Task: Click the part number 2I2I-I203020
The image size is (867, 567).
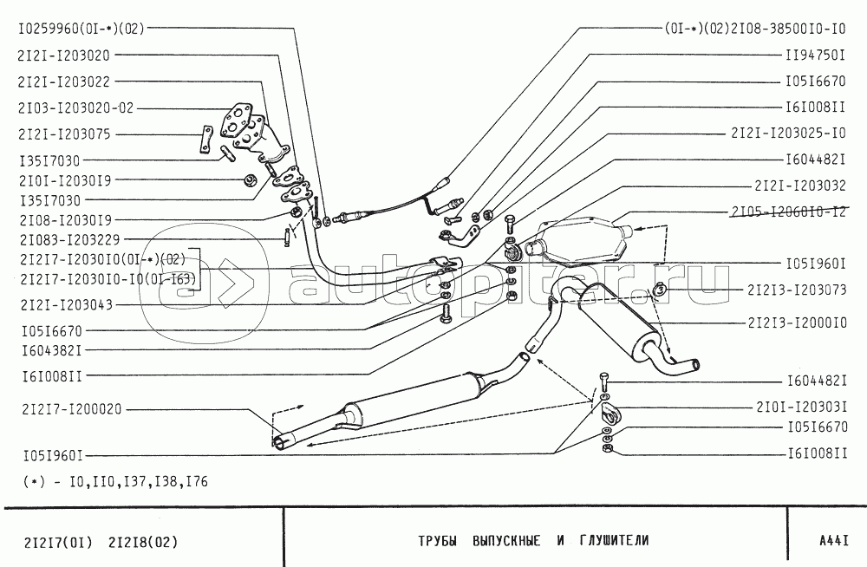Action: click(x=63, y=55)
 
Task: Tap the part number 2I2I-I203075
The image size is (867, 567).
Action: click(x=63, y=135)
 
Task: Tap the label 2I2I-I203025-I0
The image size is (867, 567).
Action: click(x=787, y=135)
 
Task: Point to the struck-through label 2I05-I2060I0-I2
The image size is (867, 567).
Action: click(x=788, y=212)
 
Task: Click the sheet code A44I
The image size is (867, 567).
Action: click(x=833, y=540)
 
